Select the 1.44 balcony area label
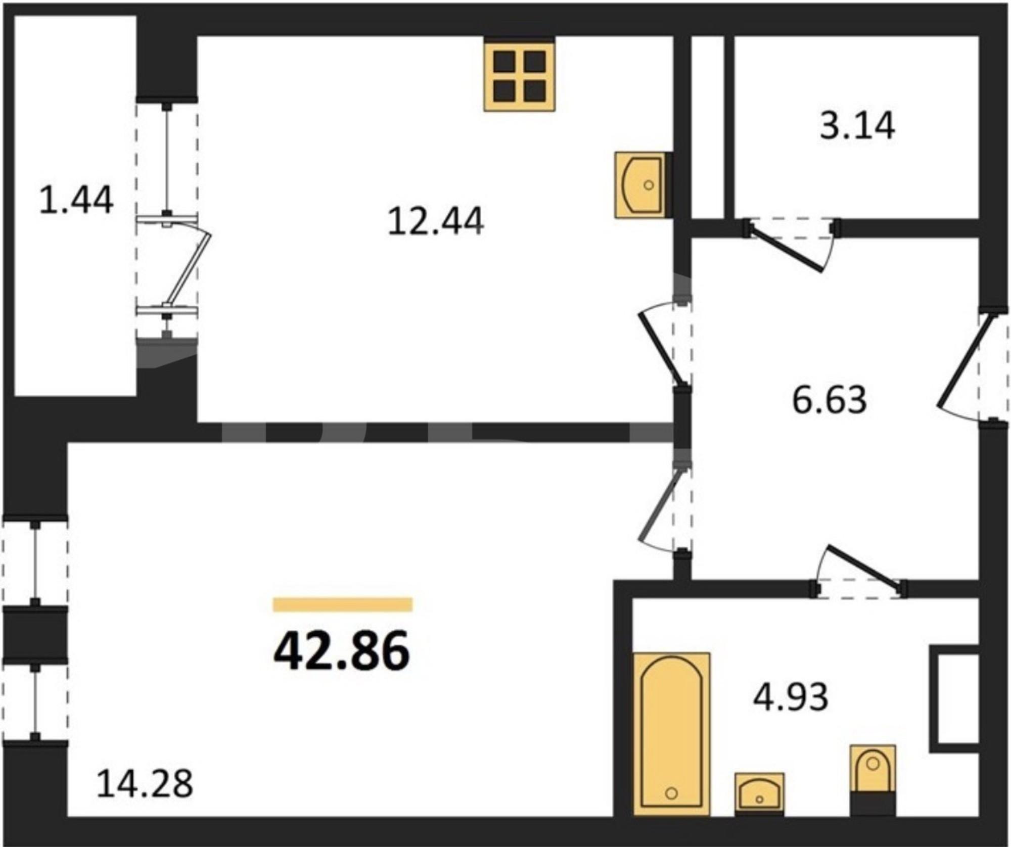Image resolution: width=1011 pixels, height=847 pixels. coord(76,200)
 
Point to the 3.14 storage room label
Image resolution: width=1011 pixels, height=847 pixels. coord(857,125)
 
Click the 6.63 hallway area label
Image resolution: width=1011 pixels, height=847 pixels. coord(829,399)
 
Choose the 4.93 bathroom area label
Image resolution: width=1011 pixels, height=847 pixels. coord(791,696)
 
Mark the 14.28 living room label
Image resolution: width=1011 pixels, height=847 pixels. coord(145,784)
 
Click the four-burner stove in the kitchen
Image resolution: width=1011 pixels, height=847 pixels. coord(520,77)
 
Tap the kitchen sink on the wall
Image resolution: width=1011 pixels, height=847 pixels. coord(641,185)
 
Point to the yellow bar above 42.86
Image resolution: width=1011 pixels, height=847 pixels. coord(343,605)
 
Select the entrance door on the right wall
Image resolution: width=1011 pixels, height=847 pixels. coord(966,361)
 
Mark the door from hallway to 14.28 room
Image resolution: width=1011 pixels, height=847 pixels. coord(662,505)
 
